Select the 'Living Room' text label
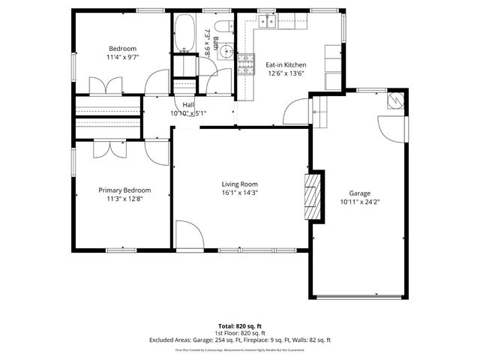[240, 184]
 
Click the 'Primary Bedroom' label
[124, 190]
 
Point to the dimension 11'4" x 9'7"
[123, 56]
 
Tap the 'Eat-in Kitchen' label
[285, 64]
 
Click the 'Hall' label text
[188, 104]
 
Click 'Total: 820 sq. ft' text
[240, 325]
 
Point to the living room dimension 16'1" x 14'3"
[240, 193]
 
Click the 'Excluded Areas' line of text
[240, 340]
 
